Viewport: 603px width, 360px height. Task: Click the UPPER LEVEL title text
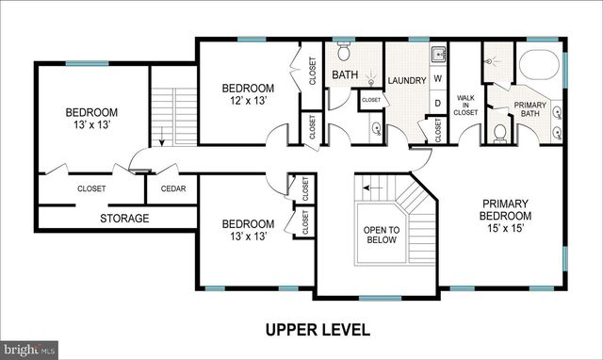tap(317, 330)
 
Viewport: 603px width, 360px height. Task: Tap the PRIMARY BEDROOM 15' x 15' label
tap(507, 215)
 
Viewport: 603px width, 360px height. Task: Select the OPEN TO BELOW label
tap(382, 235)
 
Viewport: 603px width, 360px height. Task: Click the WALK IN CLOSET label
tap(464, 105)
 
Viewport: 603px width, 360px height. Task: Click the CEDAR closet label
tap(172, 188)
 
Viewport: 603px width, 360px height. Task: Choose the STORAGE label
tap(125, 219)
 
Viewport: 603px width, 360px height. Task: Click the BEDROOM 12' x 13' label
tap(248, 94)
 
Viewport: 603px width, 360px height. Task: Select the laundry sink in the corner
tap(438, 53)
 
